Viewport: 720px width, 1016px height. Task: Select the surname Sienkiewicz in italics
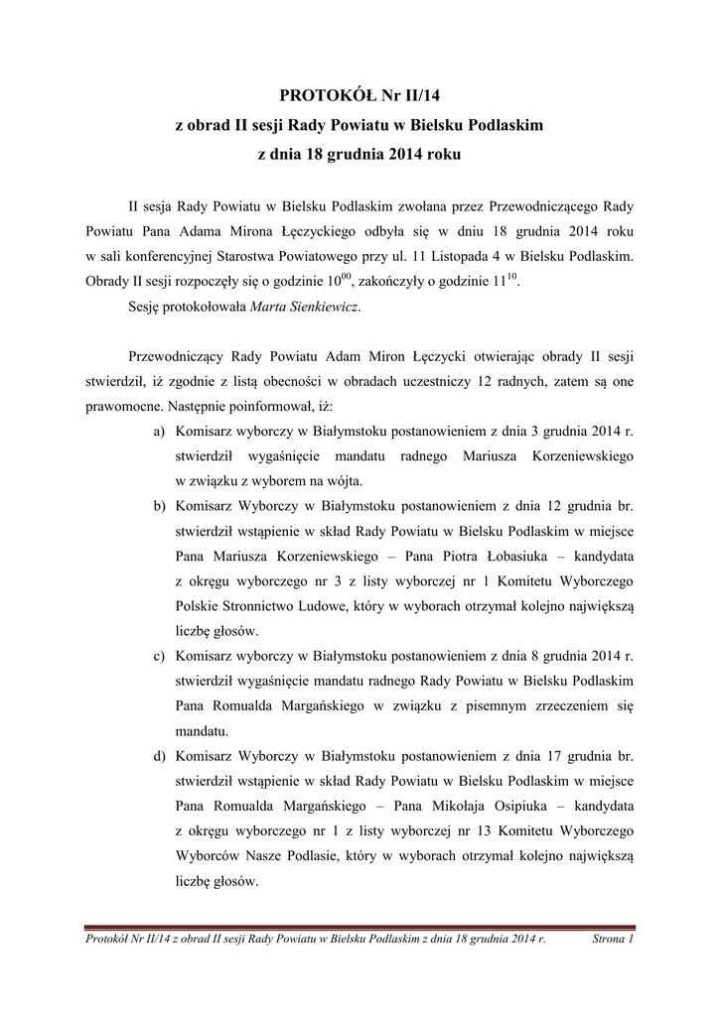(x=320, y=309)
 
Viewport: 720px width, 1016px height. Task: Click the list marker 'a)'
(x=159, y=434)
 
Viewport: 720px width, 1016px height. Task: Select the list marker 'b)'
(x=159, y=508)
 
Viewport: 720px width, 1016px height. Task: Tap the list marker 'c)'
(x=159, y=657)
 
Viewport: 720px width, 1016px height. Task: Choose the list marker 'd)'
(x=159, y=757)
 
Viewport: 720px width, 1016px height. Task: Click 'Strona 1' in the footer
(x=613, y=938)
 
